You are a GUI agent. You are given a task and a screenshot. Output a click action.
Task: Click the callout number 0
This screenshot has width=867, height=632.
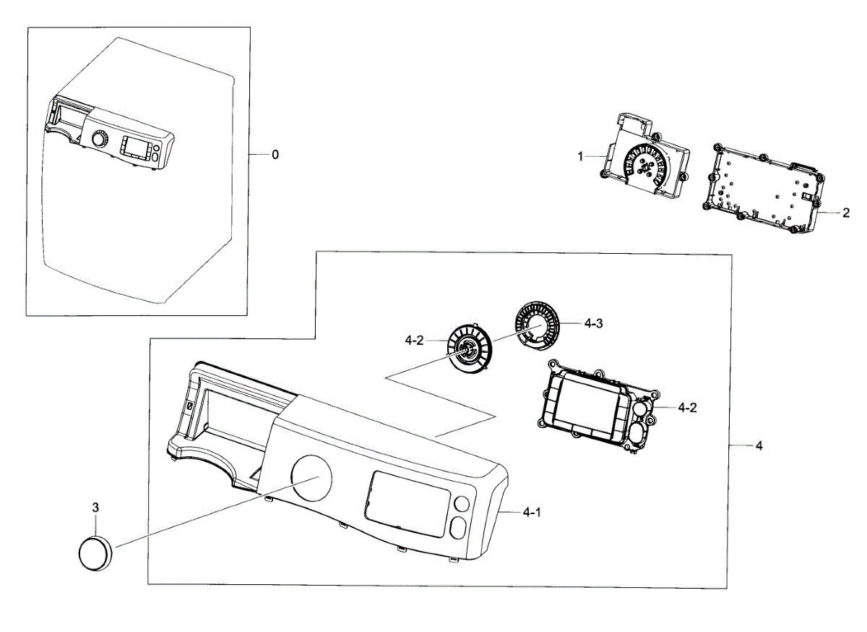(x=275, y=155)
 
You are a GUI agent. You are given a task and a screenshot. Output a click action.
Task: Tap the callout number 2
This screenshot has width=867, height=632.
(x=845, y=213)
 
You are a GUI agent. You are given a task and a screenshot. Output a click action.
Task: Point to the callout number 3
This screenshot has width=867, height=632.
(x=95, y=508)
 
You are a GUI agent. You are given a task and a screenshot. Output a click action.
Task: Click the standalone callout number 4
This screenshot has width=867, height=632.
(x=759, y=446)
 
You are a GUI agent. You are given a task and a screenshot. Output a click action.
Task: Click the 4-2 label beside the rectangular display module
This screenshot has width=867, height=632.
(x=687, y=408)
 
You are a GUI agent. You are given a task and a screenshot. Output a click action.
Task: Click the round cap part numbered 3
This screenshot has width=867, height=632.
(x=95, y=553)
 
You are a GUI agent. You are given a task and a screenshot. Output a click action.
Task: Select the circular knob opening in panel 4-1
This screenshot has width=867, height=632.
(x=311, y=475)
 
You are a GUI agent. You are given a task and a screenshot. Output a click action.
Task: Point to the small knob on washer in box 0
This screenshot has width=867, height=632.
(x=100, y=137)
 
